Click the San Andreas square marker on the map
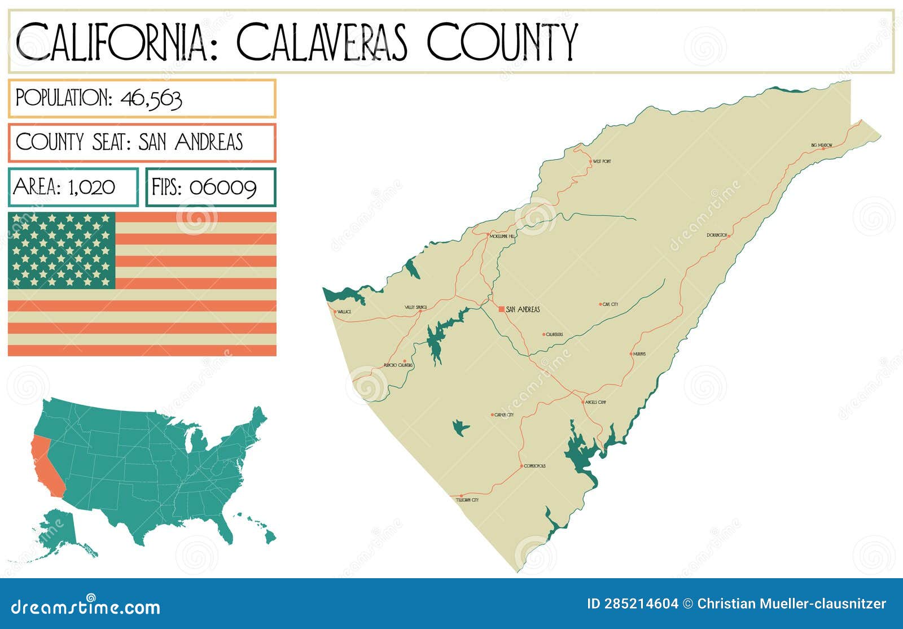point(501,309)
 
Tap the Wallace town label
point(344,312)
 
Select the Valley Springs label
point(415,307)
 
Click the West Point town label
point(602,161)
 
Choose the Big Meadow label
point(822,145)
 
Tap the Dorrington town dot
point(729,235)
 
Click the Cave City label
point(610,304)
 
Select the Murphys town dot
point(631,354)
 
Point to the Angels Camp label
point(595,402)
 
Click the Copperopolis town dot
point(521,466)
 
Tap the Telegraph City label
point(467,500)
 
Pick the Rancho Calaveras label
point(398,365)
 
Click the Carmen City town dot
point(492,415)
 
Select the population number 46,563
point(151,99)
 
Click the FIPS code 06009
point(223,187)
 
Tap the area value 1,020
point(91,187)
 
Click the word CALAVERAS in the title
point(322,42)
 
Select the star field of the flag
point(62,250)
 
